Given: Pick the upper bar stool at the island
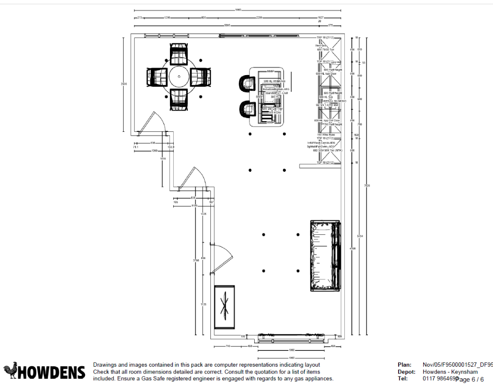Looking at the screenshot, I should click(x=247, y=84).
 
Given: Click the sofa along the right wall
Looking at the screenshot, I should click(x=325, y=256).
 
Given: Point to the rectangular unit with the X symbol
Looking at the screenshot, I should click(x=224, y=308).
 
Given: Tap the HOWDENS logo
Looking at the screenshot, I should click(x=44, y=371).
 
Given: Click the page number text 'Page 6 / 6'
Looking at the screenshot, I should click(x=469, y=380).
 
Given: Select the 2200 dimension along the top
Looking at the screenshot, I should click(x=259, y=18).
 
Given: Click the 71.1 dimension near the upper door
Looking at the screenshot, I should click(x=136, y=147).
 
